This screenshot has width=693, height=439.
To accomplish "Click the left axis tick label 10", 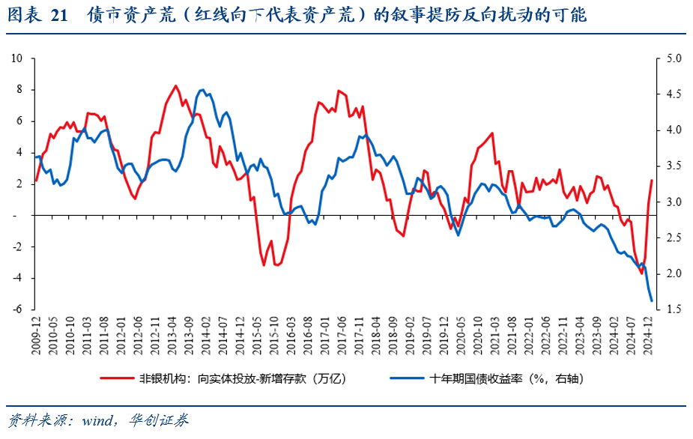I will [x=18, y=58].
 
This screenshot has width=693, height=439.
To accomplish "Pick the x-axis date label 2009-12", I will [x=36, y=333].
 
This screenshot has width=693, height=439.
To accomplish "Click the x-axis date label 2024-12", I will [x=651, y=333].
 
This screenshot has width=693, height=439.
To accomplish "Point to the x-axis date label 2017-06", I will [x=344, y=333].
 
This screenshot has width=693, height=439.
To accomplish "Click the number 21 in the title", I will [x=61, y=14].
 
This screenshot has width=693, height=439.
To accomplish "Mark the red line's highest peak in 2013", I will [x=175, y=85].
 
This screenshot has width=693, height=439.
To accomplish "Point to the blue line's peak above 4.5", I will [x=202, y=90].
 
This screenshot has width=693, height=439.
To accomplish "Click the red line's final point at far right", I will [x=651, y=180].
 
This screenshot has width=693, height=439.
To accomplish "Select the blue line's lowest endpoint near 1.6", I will [x=651, y=301].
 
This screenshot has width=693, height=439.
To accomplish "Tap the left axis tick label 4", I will [x=21, y=153].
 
